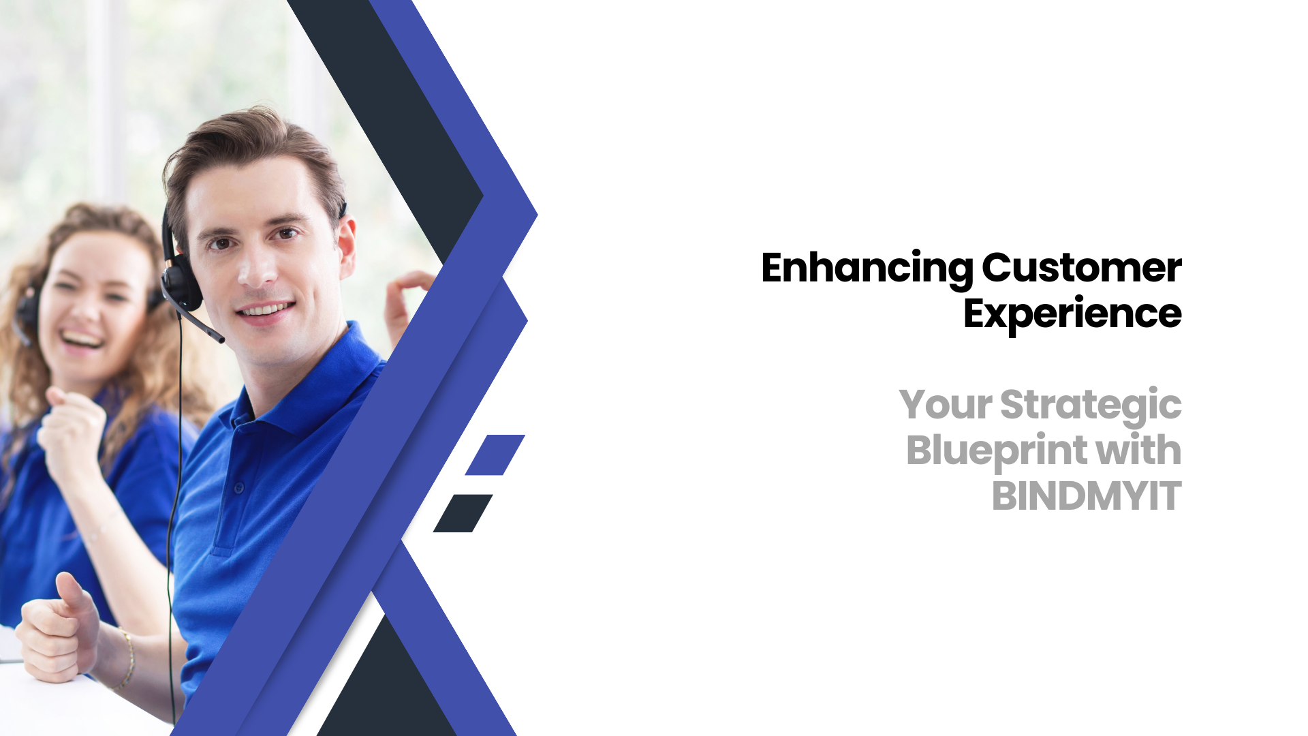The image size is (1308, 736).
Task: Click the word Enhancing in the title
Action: (x=867, y=269)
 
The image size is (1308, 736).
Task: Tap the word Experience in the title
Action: (x=1072, y=313)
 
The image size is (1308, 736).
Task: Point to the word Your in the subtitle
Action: (x=945, y=405)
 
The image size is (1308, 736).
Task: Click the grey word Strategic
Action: (x=1090, y=405)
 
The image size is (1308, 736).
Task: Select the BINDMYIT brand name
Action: (x=1086, y=496)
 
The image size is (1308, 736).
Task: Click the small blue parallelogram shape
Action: (x=495, y=455)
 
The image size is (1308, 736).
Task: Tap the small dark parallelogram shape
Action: (x=463, y=513)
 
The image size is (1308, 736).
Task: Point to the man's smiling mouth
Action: (x=266, y=311)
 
